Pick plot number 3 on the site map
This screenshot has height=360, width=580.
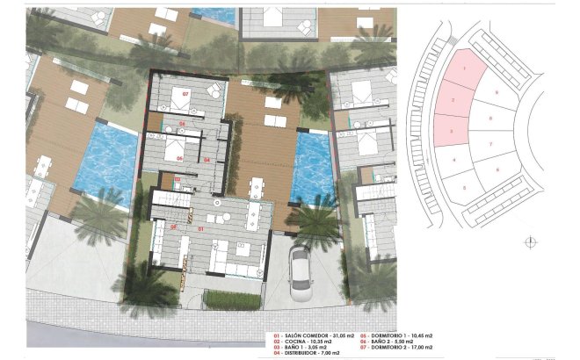451,131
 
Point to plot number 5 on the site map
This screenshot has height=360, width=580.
464,186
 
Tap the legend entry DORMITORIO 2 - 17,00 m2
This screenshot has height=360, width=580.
434,350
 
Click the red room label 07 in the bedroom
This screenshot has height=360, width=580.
185,92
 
